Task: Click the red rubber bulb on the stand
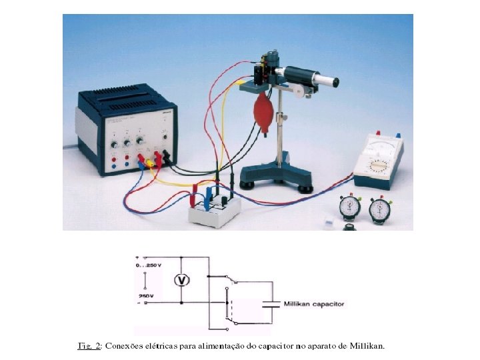click(263, 108)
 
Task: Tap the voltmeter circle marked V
click(181, 280)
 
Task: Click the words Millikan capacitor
click(314, 304)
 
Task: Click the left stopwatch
click(349, 207)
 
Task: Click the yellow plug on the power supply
click(151, 161)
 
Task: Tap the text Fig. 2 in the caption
click(89, 346)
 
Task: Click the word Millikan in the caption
click(367, 346)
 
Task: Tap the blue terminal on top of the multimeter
click(398, 134)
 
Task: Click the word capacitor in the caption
click(265, 346)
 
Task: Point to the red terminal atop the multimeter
click(378, 133)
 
